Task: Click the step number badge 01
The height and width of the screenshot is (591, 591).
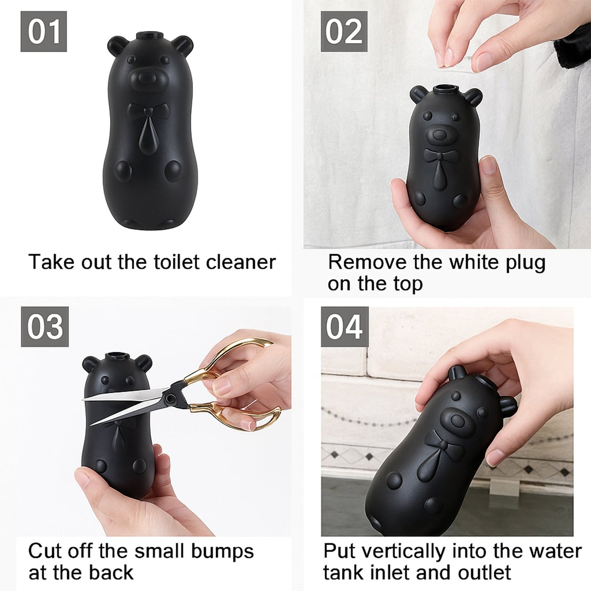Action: [43, 31]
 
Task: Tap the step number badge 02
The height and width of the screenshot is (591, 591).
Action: [344, 31]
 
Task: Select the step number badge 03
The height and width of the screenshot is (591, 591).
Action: [45, 327]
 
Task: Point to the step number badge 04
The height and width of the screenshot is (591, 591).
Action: [344, 327]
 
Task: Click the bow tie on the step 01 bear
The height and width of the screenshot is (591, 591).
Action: [148, 110]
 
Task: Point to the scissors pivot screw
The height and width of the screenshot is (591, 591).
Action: [171, 397]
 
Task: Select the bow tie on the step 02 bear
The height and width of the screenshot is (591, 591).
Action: [440, 155]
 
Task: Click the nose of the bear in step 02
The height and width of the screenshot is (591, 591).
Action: [440, 134]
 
